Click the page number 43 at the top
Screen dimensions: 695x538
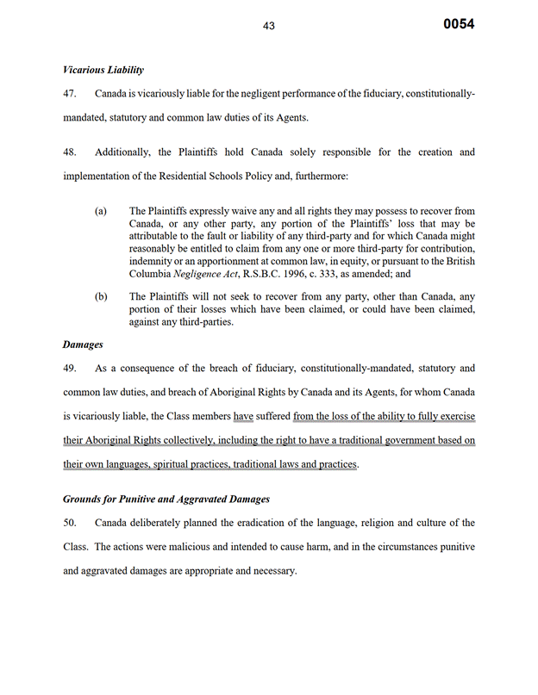coord(268,27)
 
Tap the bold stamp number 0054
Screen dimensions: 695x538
coord(459,24)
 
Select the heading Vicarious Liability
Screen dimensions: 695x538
coord(103,70)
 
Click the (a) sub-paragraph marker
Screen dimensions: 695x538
coord(102,211)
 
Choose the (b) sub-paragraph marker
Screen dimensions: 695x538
coord(102,296)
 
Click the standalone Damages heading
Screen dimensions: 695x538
coord(83,344)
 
